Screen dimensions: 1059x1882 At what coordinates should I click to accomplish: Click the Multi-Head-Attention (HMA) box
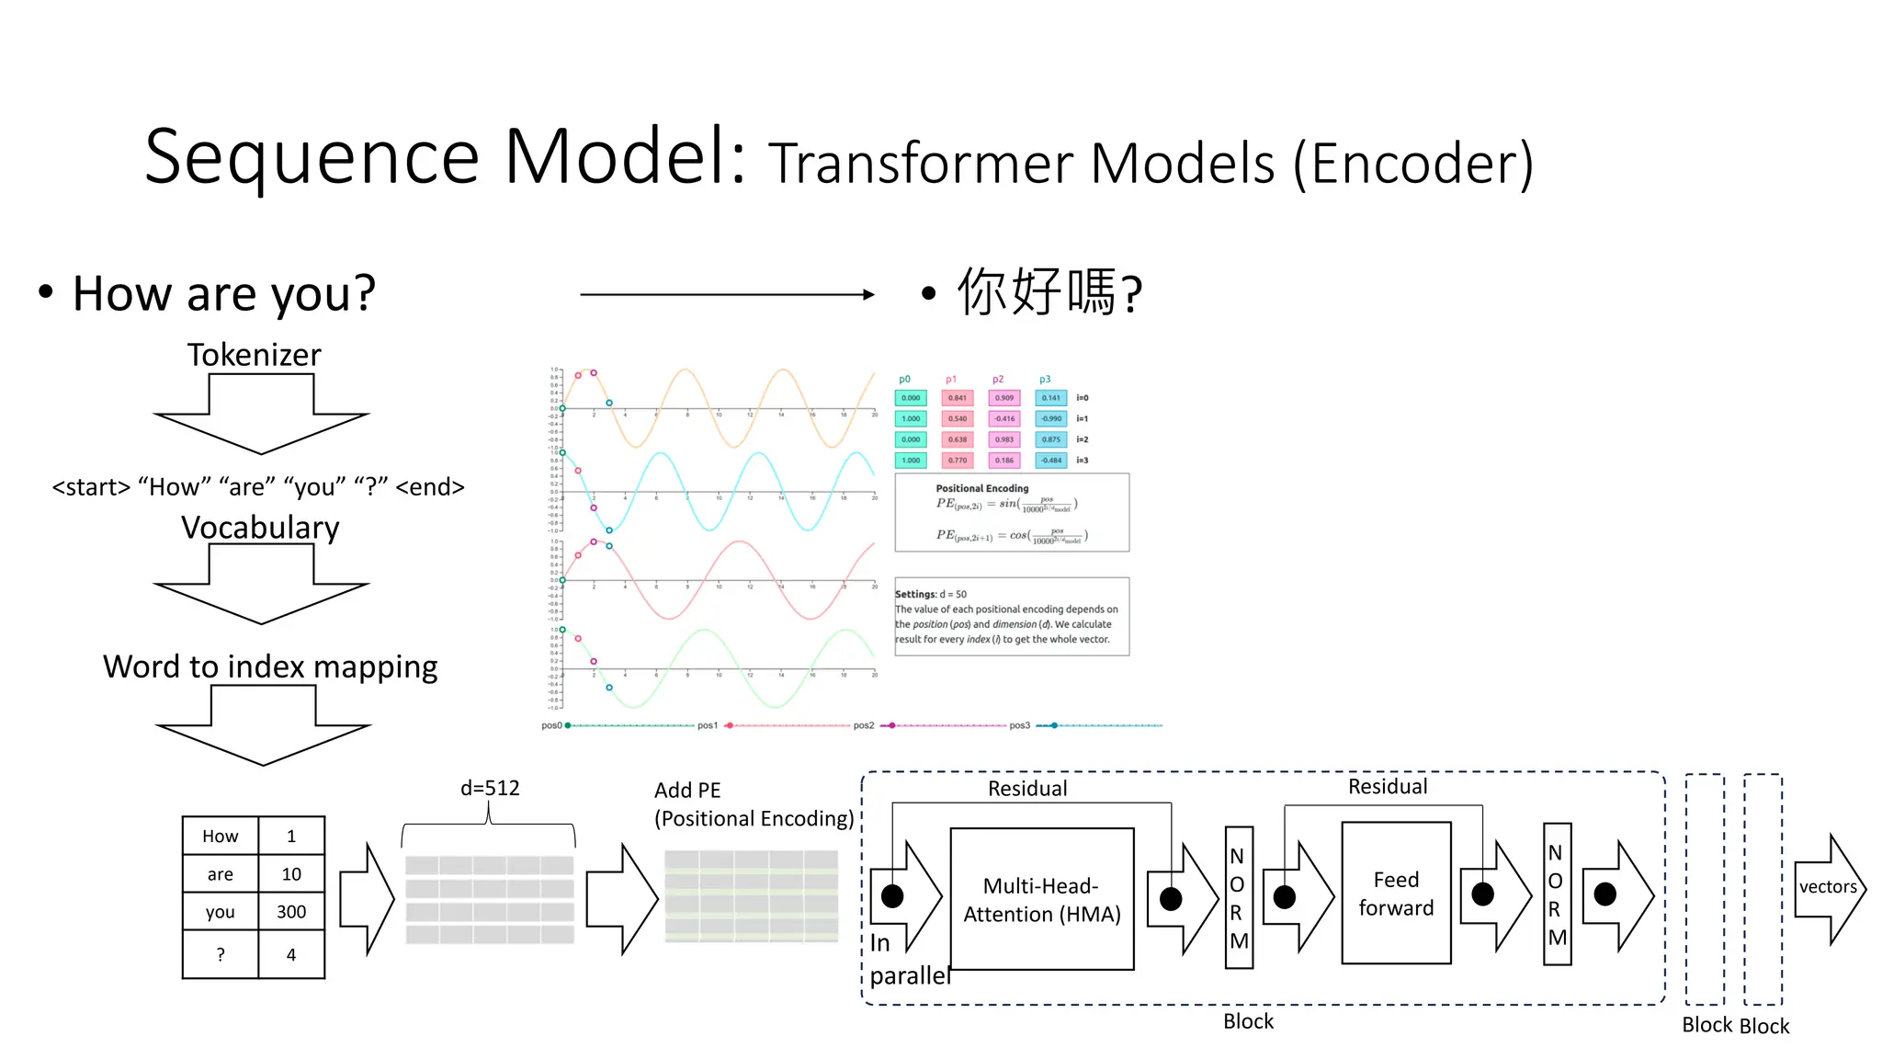[1041, 899]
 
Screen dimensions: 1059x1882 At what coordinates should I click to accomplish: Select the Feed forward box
[1396, 893]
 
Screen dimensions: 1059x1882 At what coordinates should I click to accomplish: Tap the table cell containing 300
[291, 912]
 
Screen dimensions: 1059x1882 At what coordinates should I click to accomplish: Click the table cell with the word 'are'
[221, 874]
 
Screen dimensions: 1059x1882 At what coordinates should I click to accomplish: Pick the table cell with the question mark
[221, 955]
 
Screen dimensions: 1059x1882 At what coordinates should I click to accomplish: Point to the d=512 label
[490, 788]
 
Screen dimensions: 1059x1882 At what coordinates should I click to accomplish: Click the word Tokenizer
[255, 355]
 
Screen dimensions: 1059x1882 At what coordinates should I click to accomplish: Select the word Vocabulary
[260, 528]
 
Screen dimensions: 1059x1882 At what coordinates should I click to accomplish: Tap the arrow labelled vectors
[1829, 887]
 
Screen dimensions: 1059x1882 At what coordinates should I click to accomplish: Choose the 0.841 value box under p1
[958, 398]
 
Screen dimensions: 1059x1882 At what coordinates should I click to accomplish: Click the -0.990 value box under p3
[1051, 419]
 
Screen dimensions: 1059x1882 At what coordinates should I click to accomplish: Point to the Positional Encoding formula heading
[982, 488]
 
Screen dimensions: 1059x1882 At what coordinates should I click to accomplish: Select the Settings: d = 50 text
[931, 594]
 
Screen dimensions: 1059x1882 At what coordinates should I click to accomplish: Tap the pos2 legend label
[864, 725]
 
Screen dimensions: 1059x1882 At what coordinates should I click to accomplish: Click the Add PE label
[687, 791]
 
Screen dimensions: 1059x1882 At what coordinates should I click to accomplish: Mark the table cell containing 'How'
[221, 837]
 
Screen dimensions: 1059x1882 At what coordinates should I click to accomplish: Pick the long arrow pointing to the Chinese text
[727, 294]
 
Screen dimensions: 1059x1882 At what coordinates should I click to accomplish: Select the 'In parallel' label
[908, 960]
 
